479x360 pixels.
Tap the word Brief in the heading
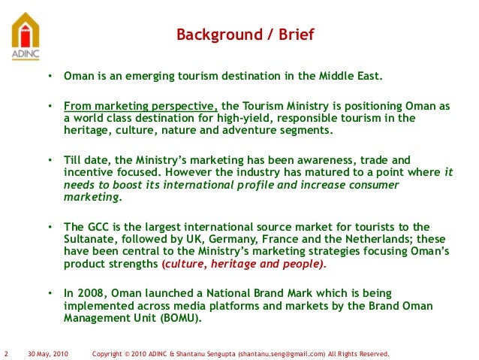point(294,35)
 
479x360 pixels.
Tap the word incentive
point(88,172)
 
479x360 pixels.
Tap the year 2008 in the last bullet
point(89,292)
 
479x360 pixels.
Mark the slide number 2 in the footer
point(6,352)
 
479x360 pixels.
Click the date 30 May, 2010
point(47,352)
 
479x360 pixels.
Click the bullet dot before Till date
point(49,161)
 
